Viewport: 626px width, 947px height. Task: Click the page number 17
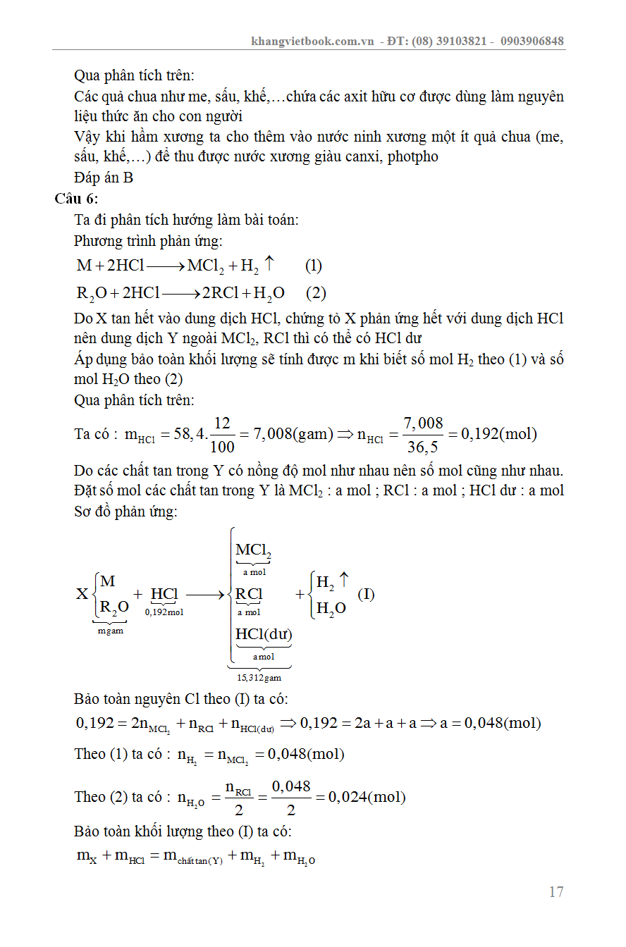click(556, 892)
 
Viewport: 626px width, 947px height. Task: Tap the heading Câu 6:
click(77, 199)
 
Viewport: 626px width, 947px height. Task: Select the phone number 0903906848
click(532, 41)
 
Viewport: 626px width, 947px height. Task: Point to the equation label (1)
click(314, 266)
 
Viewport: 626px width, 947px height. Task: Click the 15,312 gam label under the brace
click(259, 678)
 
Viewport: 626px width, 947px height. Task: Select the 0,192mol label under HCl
click(164, 612)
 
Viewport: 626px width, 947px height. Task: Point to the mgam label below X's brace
click(110, 631)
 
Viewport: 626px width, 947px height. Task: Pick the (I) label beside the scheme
click(366, 593)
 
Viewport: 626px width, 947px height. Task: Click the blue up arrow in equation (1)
click(269, 264)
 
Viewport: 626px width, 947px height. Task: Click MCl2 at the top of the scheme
click(253, 550)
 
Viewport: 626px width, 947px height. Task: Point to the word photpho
click(413, 156)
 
